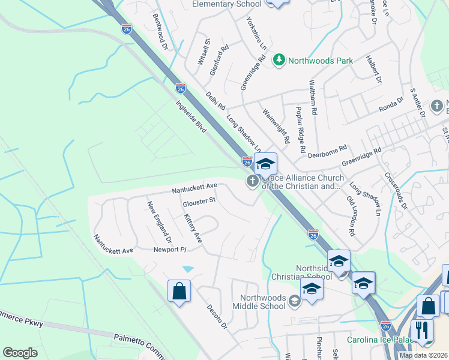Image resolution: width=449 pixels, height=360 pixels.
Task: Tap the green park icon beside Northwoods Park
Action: pyautogui.click(x=279, y=60)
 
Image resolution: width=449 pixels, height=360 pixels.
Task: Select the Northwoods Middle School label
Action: pyautogui.click(x=263, y=302)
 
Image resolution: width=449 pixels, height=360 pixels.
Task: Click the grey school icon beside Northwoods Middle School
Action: pyautogui.click(x=294, y=301)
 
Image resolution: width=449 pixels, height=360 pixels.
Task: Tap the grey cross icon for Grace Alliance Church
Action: pyautogui.click(x=253, y=182)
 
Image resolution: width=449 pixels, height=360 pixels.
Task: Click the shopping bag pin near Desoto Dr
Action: pyautogui.click(x=179, y=292)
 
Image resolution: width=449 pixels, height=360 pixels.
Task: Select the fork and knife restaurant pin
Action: pyautogui.click(x=422, y=329)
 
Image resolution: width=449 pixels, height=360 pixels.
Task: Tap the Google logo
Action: pyautogui.click(x=20, y=353)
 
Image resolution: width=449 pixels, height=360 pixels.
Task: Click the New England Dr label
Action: pyautogui.click(x=160, y=221)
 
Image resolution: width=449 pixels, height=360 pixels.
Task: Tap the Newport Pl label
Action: pyautogui.click(x=170, y=249)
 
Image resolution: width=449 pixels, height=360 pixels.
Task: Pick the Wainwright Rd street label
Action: pyautogui.click(x=277, y=124)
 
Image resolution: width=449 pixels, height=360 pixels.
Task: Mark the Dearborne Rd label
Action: pyautogui.click(x=327, y=150)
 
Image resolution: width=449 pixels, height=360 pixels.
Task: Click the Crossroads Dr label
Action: pyautogui.click(x=396, y=191)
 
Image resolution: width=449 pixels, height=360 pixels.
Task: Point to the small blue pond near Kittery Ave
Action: pyautogui.click(x=188, y=268)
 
